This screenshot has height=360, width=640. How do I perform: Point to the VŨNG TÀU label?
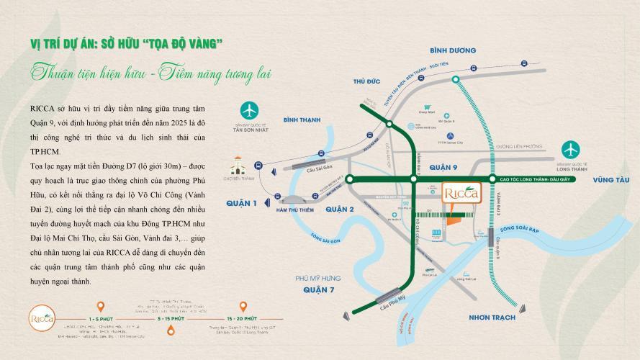click(605, 184)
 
